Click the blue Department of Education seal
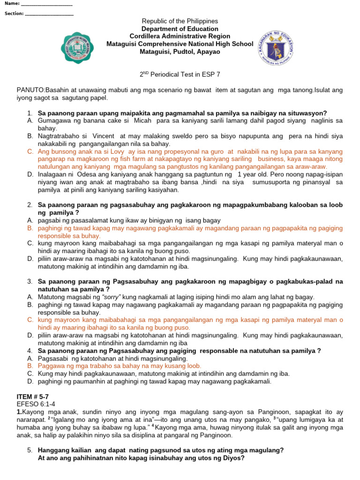click(276, 48)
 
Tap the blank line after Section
click(49, 14)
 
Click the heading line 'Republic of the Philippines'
click(180, 21)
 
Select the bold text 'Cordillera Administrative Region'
click(180, 36)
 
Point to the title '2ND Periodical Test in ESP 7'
click(180, 74)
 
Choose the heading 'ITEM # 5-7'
click(33, 397)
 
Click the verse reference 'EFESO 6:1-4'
click(36, 404)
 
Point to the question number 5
click(30, 450)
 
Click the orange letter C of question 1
click(30, 152)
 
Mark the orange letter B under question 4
click(30, 366)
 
